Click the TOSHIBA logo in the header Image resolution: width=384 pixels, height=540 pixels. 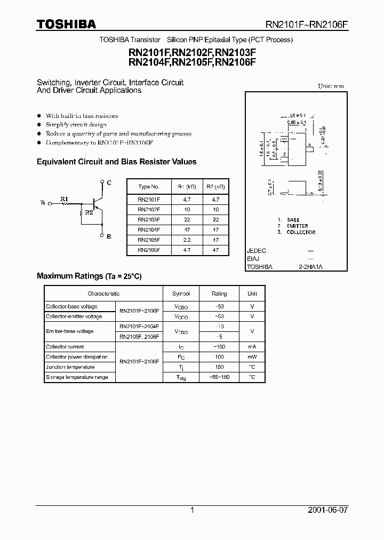coord(66,24)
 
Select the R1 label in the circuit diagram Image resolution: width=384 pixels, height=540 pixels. coord(64,199)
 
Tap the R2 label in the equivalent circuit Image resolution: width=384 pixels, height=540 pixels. coord(88,213)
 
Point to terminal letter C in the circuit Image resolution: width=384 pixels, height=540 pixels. coord(109,182)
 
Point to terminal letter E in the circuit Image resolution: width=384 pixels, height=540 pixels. coord(109,236)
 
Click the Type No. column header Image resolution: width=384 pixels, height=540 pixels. coord(148,187)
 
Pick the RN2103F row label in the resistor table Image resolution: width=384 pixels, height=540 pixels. coord(148,219)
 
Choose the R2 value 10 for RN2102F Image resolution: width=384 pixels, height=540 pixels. coord(216,209)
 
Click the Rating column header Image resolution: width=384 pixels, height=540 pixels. coord(219,293)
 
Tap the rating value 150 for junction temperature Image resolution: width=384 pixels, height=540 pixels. coord(219,367)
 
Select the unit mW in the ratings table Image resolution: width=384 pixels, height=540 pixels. coord(252,357)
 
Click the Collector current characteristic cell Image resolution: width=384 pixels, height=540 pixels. coord(65,347)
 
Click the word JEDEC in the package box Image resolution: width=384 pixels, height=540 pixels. coord(257,250)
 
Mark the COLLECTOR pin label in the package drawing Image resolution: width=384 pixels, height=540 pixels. coord(301,232)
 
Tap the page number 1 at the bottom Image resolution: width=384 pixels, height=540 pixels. coord(192,510)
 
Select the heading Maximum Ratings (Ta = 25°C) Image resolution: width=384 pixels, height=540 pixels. coord(89,276)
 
